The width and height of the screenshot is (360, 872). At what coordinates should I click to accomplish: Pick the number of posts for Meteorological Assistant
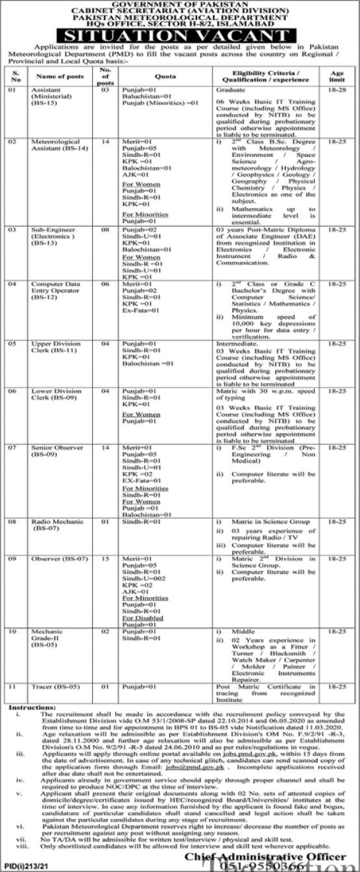pos(107,141)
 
